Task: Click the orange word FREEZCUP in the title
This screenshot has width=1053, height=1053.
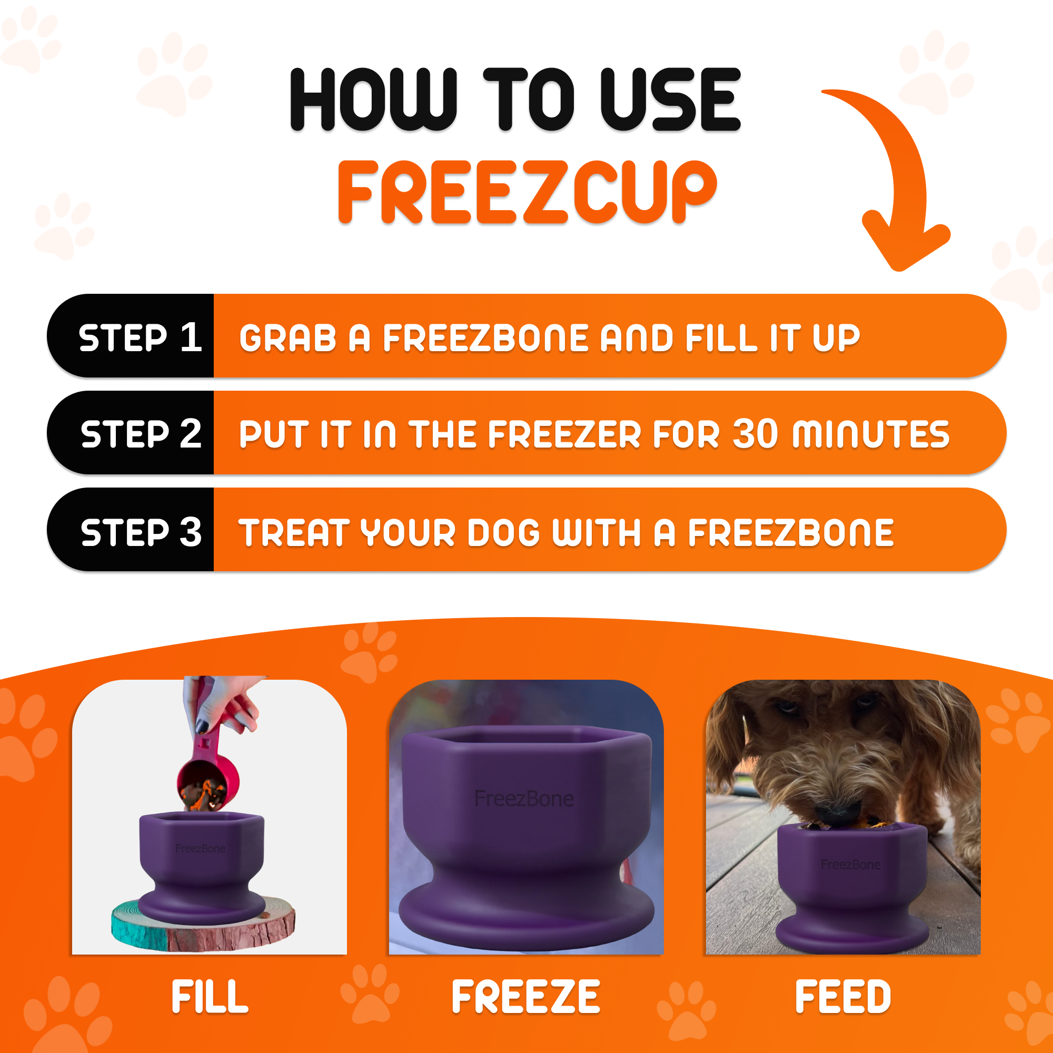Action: coord(526,192)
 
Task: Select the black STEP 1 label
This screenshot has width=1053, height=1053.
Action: coord(140,337)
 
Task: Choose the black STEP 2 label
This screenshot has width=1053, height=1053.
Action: coord(141,434)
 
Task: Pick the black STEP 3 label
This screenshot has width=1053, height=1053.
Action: coord(141,532)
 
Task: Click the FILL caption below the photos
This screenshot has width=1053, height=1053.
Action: coord(210,997)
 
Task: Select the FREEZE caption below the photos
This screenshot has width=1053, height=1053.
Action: coord(526,997)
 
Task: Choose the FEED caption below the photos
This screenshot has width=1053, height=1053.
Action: coord(842,997)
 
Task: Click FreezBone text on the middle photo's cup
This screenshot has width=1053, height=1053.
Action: coord(524,799)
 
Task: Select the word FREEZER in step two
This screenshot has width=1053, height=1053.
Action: coord(563,434)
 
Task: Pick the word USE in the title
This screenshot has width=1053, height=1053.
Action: coord(670,100)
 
